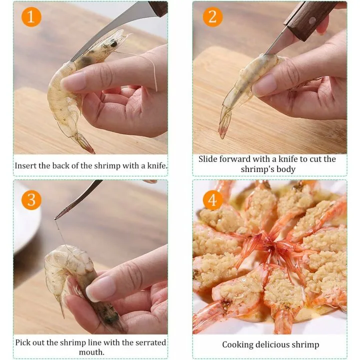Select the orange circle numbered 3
tap(31, 199)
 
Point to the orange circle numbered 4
tap(212, 199)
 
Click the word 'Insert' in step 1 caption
tap(25, 165)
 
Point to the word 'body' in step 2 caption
tap(285, 169)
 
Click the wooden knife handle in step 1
tap(157, 7)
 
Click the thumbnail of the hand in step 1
tap(74, 81)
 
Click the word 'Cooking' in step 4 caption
tap(237, 344)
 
